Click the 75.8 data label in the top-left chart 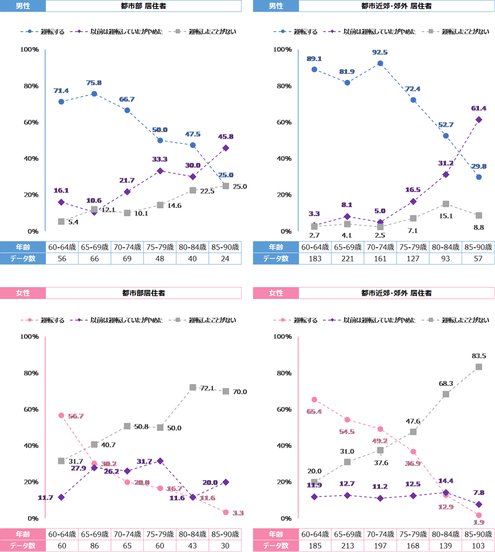pyautogui.click(x=94, y=83)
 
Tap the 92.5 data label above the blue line pyautogui.click(x=380, y=53)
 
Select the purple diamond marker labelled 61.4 pyautogui.click(x=479, y=119)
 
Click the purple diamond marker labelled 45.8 pyautogui.click(x=226, y=148)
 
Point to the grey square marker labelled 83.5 pyautogui.click(x=479, y=367)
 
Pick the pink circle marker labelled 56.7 pyautogui.click(x=62, y=415)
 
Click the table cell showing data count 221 pyautogui.click(x=348, y=258)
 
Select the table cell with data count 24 pyautogui.click(x=226, y=258)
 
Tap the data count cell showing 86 pyautogui.click(x=94, y=546)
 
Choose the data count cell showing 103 pyautogui.click(x=479, y=546)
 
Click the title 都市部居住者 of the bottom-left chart pyautogui.click(x=143, y=292)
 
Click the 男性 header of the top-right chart pyautogui.click(x=276, y=6)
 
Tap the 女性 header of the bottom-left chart pyautogui.click(x=22, y=292)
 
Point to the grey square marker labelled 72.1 pyautogui.click(x=193, y=388)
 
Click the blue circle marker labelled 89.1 pyautogui.click(x=314, y=69)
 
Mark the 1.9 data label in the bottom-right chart pyautogui.click(x=479, y=523)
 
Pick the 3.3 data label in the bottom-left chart pyautogui.click(x=237, y=513)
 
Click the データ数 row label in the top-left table pyautogui.click(x=22, y=258)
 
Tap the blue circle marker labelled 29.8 pyautogui.click(x=479, y=177)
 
